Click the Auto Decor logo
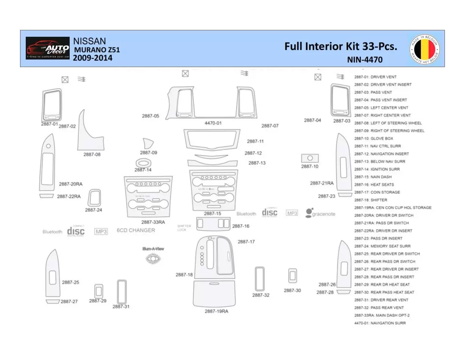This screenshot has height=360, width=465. (48, 48)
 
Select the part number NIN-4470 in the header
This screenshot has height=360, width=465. (364, 59)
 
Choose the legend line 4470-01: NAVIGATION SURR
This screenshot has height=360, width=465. (380, 323)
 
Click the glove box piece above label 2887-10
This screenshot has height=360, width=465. (310, 158)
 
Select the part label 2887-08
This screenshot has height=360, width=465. (92, 155)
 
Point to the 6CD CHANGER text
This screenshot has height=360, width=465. (136, 230)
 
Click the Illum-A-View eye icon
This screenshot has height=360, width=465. (153, 258)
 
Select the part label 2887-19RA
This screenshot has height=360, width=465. (216, 311)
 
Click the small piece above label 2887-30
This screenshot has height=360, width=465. (293, 276)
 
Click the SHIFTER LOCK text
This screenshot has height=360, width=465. (184, 228)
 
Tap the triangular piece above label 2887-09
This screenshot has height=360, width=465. (148, 144)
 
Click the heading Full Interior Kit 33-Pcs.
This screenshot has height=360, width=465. (340, 47)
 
